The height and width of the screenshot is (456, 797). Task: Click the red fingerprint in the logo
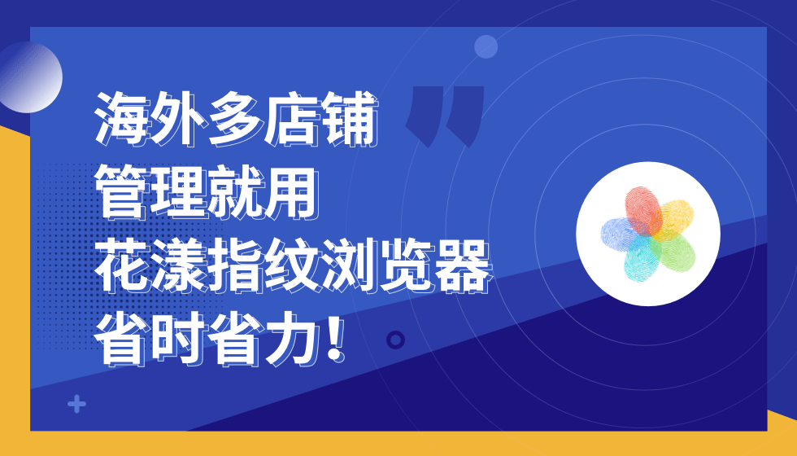coord(642,209)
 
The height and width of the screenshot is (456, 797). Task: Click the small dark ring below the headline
coord(396,340)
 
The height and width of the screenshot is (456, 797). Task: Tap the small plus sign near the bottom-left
coord(77,404)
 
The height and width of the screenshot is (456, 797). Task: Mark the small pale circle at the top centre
coord(486,46)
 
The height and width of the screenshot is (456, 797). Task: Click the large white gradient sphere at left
coord(29,77)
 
